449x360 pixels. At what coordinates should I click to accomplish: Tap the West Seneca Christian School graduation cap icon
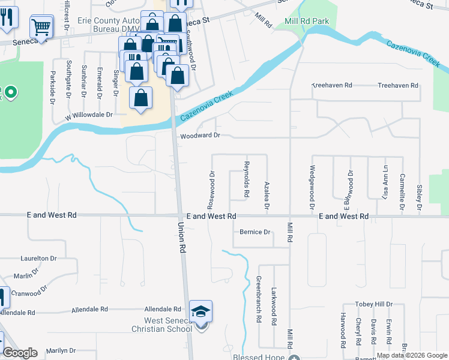click(x=201, y=311)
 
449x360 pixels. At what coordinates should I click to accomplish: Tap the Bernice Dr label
click(x=255, y=232)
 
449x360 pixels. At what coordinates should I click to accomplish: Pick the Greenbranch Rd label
click(x=259, y=299)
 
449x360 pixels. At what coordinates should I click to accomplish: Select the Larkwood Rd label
click(x=274, y=305)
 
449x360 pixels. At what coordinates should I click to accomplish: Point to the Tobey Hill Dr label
click(x=373, y=304)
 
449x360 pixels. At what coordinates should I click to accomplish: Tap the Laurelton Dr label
click(x=38, y=259)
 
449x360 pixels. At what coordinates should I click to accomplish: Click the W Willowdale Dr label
click(x=89, y=114)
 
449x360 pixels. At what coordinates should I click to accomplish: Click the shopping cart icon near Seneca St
click(x=41, y=26)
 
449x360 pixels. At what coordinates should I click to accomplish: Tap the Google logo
click(x=20, y=353)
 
